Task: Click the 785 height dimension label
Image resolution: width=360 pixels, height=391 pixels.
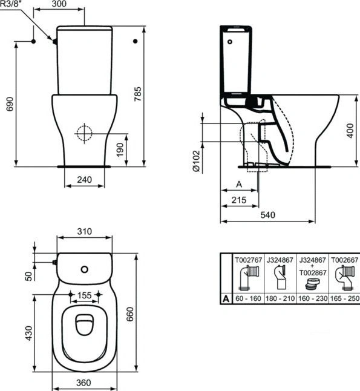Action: [x=137, y=94]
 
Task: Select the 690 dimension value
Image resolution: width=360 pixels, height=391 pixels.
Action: [x=10, y=104]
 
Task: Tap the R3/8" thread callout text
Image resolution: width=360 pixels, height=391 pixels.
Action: [x=11, y=4]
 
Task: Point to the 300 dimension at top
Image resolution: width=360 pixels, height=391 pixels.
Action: [x=59, y=4]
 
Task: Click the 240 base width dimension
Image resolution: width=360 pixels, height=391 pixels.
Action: [x=85, y=180]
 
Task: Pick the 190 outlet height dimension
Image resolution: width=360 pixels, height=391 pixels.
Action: [x=120, y=150]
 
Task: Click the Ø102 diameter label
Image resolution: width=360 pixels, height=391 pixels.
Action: [x=197, y=161]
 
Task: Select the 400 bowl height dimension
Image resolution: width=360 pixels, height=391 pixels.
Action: [x=350, y=131]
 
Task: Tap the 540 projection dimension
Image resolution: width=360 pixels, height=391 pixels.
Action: [x=268, y=215]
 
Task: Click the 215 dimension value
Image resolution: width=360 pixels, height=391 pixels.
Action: [x=239, y=200]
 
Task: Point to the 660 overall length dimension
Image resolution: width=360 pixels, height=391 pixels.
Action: [x=130, y=314]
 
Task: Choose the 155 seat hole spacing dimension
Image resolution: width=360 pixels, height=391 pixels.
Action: [x=85, y=295]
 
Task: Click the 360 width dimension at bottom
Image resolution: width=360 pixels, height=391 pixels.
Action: [x=83, y=383]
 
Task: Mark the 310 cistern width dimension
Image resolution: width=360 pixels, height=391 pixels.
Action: [x=85, y=231]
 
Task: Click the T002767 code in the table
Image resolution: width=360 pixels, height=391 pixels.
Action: [x=249, y=260]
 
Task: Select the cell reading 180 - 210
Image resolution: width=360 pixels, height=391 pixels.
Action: [x=280, y=298]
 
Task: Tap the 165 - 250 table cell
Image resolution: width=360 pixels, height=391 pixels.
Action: [x=345, y=298]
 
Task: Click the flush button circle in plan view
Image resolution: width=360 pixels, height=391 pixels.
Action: [x=85, y=269]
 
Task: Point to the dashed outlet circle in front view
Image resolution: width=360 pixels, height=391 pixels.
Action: [x=85, y=133]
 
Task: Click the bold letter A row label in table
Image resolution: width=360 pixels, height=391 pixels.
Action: [x=226, y=298]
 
